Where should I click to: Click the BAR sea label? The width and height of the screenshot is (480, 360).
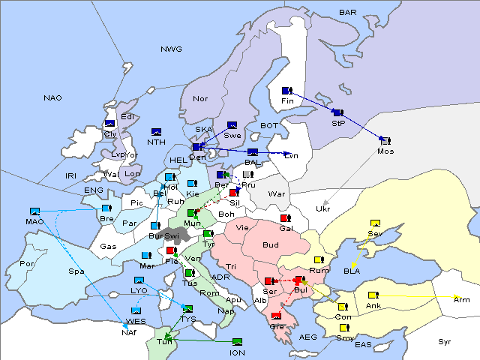(347, 12)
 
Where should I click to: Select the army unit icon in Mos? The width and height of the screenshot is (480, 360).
(385, 139)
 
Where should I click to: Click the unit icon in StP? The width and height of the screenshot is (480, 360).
(337, 112)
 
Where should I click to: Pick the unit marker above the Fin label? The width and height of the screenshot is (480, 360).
(286, 91)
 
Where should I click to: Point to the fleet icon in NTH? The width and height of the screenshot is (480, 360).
(156, 131)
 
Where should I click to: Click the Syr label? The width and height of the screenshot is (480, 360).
(445, 341)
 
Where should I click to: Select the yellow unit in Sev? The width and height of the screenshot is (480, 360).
(374, 223)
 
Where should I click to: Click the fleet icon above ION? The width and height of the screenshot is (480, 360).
(237, 342)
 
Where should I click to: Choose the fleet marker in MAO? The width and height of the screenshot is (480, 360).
(34, 211)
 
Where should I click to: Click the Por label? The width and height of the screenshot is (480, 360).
(27, 263)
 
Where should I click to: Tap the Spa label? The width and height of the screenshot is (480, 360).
(76, 271)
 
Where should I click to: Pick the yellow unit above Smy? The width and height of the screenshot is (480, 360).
(344, 328)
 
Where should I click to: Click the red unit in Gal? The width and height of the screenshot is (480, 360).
(285, 218)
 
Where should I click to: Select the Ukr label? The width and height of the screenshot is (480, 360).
(323, 208)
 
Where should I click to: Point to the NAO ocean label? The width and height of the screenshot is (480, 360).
(52, 97)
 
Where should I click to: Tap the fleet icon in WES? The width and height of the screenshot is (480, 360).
(136, 310)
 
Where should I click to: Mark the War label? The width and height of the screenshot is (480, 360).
(277, 193)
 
